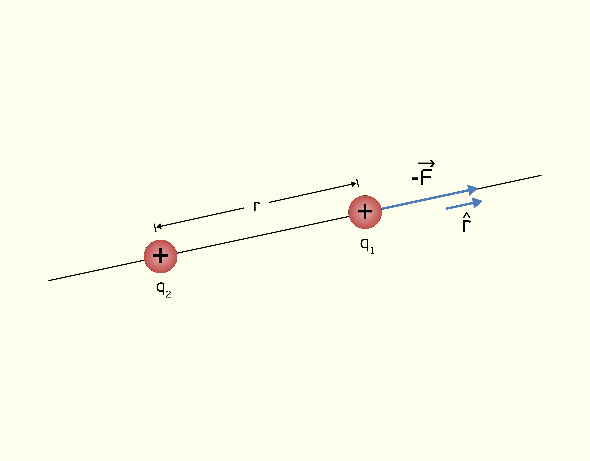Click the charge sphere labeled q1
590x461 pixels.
point(365,212)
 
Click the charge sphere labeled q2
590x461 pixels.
point(161,256)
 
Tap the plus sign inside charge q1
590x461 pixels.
point(365,211)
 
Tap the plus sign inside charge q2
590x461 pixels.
point(161,255)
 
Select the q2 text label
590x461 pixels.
point(163,289)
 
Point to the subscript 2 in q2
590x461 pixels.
point(168,294)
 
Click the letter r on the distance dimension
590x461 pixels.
point(257,206)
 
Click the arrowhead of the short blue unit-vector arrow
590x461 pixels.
point(477,203)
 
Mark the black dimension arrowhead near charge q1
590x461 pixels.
point(354,184)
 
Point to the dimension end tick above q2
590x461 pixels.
point(155,228)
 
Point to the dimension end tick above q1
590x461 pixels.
point(358,183)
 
